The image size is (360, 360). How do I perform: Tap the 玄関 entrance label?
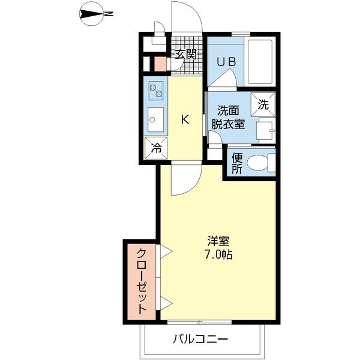[185, 55]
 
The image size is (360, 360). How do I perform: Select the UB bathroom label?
[226, 61]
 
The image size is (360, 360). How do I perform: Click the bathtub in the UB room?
[260, 61]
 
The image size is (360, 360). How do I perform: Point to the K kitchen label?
[185, 119]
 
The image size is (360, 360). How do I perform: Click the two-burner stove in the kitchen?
[156, 91]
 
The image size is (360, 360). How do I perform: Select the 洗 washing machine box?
[263, 104]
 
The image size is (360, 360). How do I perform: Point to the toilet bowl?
[260, 162]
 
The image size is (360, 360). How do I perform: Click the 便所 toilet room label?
[237, 163]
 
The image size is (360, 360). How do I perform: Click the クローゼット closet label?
[142, 281]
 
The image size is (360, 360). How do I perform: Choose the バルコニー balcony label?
[200, 340]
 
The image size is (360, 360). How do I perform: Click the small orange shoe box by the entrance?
[160, 62]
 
